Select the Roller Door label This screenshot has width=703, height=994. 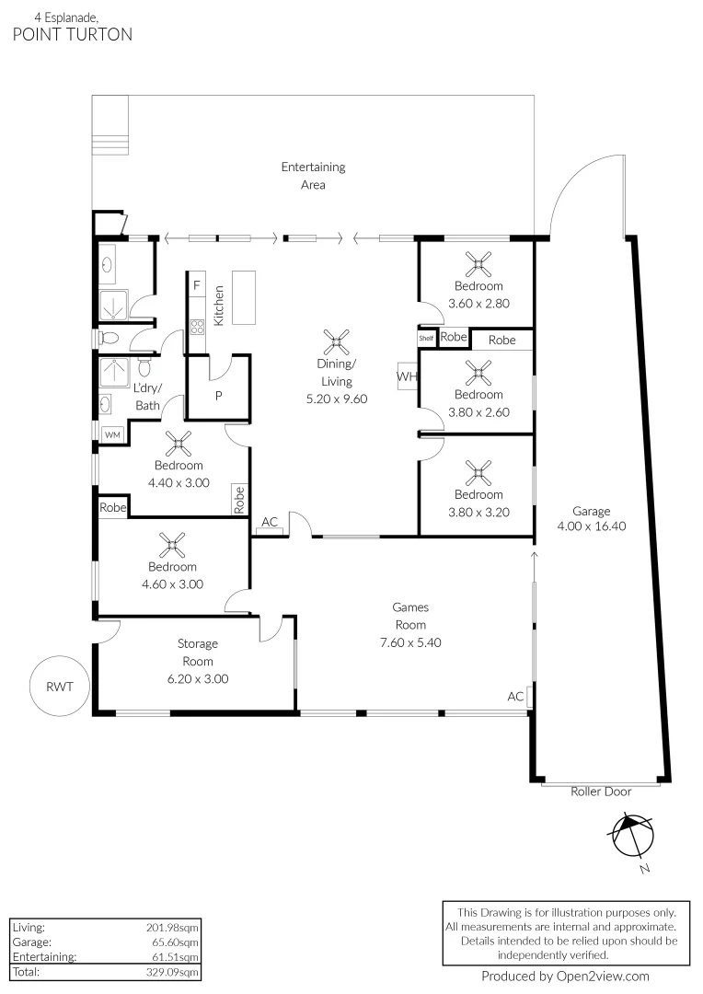[x=600, y=792]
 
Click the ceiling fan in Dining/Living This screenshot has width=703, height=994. [x=337, y=343]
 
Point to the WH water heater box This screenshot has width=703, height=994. [x=407, y=376]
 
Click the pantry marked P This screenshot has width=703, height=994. [x=218, y=396]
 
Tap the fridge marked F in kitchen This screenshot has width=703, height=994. [x=196, y=286]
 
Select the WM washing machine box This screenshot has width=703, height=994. [x=112, y=433]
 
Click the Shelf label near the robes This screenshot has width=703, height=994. [x=426, y=339]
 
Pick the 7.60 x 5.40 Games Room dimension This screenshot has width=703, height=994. [x=410, y=642]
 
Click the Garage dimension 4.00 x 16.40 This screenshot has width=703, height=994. [x=591, y=527]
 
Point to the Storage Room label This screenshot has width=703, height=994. [x=197, y=653]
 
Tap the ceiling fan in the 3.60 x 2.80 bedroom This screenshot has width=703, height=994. [x=478, y=265]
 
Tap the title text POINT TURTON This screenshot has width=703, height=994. [x=73, y=34]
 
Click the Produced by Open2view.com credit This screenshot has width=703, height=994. [x=565, y=977]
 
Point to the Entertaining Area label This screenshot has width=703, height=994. [x=313, y=175]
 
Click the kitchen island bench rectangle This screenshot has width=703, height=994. [x=245, y=296]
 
